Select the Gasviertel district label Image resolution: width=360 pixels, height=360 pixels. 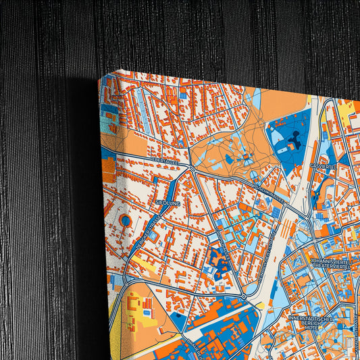pyautogui.click(x=322, y=165)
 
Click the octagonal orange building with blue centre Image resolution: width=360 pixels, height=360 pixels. pyautogui.click(x=126, y=220)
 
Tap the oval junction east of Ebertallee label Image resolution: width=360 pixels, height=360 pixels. pyautogui.click(x=192, y=169)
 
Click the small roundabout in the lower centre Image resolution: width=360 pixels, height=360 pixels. pyautogui.click(x=243, y=295)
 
